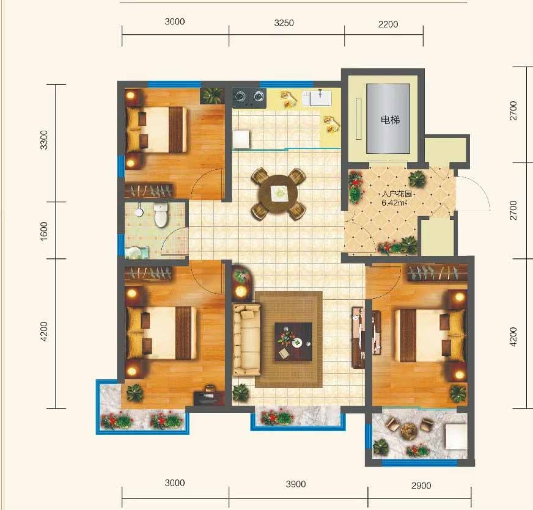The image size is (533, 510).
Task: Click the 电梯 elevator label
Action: [390, 120]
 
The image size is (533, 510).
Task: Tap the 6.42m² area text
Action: [394, 203]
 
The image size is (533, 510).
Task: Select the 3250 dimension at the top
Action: [284, 23]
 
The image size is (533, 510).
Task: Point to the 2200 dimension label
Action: [388, 24]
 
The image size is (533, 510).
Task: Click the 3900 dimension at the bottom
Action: [296, 484]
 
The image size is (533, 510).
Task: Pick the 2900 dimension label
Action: [421, 486]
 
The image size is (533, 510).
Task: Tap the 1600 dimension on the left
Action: [44, 231]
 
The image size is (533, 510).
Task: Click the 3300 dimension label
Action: [44, 140]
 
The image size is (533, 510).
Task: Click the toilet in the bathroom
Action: [161, 215]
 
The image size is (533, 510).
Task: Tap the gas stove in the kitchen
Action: [249, 98]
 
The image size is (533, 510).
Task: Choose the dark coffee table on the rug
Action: [294, 342]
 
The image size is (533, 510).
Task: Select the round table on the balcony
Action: [409, 432]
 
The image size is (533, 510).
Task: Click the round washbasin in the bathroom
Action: [139, 212]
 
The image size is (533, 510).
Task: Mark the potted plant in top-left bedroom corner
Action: [212, 95]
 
